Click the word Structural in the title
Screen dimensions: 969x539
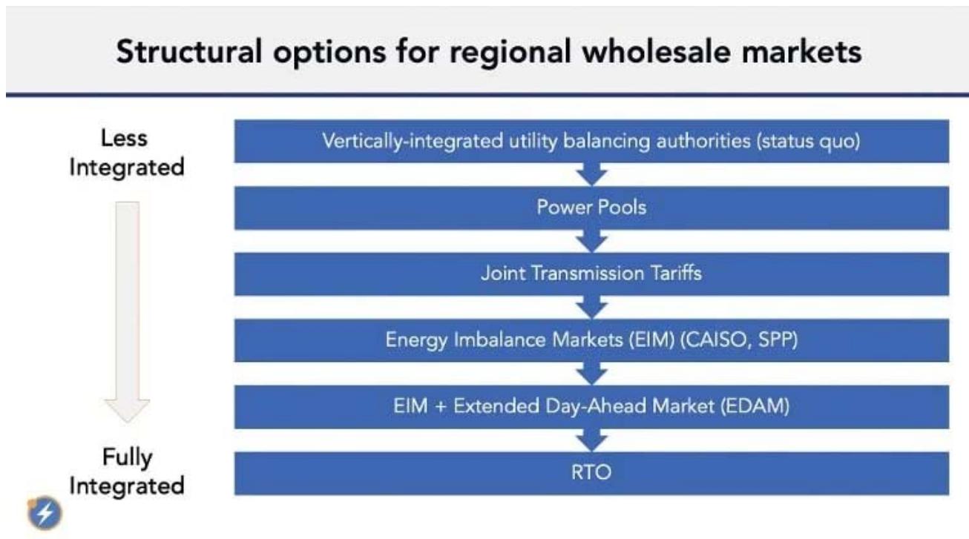point(189,51)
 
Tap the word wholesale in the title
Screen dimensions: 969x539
point(657,51)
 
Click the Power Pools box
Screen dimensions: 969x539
point(592,208)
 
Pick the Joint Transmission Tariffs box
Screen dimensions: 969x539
point(592,274)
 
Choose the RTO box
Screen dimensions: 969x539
point(592,473)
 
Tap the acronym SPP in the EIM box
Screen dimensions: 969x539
point(775,340)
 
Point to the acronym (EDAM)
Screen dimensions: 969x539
point(755,406)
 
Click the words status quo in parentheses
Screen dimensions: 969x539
point(809,142)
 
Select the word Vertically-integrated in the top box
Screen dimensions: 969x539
point(413,142)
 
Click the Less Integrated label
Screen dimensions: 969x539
point(127,153)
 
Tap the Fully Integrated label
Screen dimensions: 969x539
point(127,471)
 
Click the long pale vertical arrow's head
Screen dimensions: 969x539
point(127,410)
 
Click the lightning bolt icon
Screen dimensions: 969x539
point(45,514)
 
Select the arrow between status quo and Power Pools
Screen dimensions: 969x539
point(592,175)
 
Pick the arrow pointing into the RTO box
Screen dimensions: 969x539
point(592,440)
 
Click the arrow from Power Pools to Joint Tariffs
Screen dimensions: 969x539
point(592,241)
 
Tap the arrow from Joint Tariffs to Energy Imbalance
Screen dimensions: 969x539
point(592,308)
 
